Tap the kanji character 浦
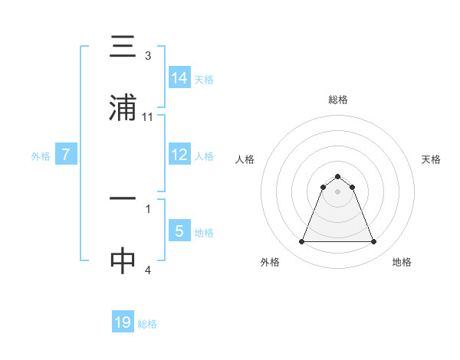point(123,110)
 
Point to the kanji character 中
point(123,261)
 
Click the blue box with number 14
point(179,77)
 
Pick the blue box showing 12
point(179,155)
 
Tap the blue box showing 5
point(179,231)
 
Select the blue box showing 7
point(67,155)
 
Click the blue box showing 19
point(123,322)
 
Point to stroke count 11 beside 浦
point(148,116)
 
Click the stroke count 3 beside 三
point(148,56)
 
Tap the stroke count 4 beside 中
point(148,270)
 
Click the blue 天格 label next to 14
point(204,79)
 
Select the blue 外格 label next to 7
point(41,155)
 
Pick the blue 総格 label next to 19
point(147,324)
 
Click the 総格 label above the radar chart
point(338,100)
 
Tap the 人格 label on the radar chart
point(245,159)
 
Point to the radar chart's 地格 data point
point(374,242)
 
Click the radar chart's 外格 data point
point(301,242)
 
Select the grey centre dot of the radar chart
point(338,191)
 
